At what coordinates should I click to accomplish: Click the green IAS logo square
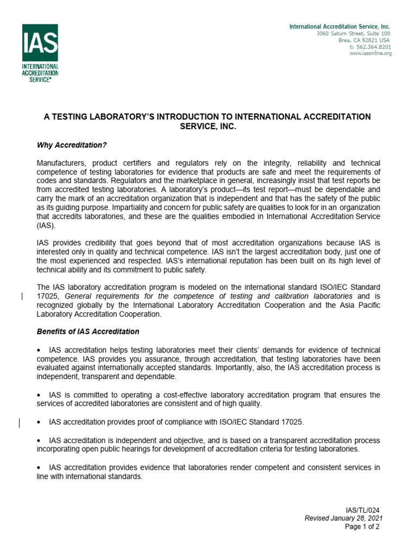40,42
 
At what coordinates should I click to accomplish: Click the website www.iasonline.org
370,53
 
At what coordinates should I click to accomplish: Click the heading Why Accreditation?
72,145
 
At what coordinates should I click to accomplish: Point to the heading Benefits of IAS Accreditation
88,331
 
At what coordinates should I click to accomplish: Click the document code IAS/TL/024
363,511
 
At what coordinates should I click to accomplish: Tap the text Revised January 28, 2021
344,519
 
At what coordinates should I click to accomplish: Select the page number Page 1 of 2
362,526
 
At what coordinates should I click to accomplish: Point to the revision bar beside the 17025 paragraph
22,296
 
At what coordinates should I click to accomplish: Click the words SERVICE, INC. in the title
208,126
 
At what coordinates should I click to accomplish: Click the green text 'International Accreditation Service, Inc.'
339,27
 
